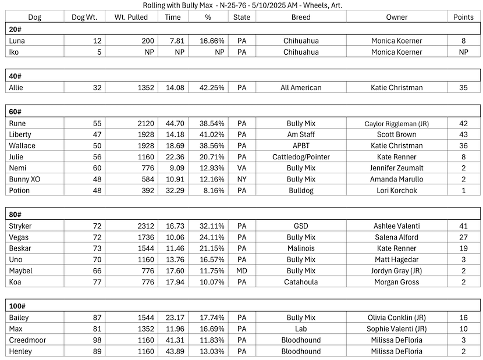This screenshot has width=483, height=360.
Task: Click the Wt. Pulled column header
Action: (x=131, y=17)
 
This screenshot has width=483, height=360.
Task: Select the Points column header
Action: (x=464, y=17)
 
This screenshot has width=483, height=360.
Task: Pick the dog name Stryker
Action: (x=21, y=226)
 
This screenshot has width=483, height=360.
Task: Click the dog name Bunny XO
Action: (x=25, y=179)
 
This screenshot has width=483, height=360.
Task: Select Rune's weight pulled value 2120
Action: (x=144, y=123)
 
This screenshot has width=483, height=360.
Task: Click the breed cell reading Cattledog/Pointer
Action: (x=301, y=157)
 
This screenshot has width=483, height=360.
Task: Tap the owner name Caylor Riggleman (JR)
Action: (x=396, y=123)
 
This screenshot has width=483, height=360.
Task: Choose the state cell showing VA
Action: (x=241, y=168)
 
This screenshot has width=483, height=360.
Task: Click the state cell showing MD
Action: (x=241, y=270)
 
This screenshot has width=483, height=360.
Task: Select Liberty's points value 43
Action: (x=463, y=134)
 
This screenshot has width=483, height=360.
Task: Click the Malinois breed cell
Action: (x=301, y=248)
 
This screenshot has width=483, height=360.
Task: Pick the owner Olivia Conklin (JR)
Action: (x=396, y=318)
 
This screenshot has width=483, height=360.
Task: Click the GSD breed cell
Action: (x=301, y=226)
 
